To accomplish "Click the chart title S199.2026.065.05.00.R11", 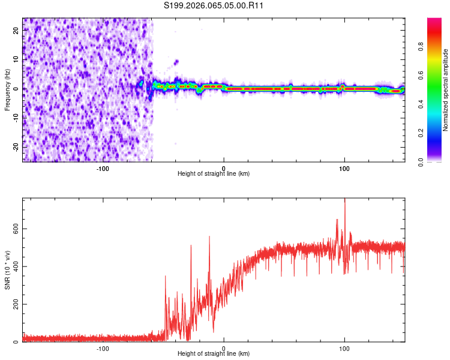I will [214, 5].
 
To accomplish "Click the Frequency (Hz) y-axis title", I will [8, 89].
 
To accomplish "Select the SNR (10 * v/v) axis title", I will [8, 270].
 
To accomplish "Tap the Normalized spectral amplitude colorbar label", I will [445, 90].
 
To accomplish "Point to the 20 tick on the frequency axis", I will [16, 30].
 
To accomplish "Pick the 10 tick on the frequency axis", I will [16, 59].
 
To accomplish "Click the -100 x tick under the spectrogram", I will [103, 169].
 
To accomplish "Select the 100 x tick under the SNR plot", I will [344, 349].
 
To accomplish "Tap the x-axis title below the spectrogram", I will [214, 175].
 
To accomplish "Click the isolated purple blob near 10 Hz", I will [176, 61].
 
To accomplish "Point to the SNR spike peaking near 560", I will [209, 237].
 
